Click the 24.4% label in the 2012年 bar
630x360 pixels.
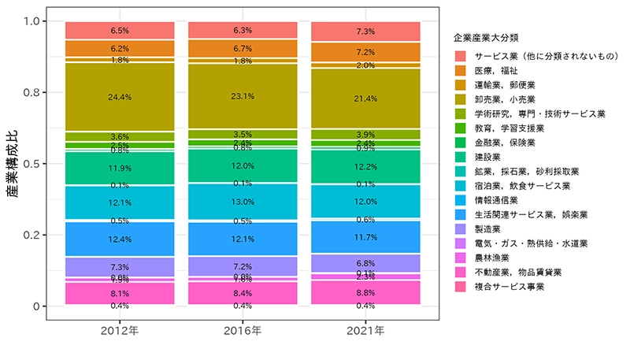point(120,97)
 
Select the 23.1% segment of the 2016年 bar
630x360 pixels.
point(243,96)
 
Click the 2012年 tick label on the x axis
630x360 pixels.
point(120,331)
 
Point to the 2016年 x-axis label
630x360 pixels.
point(243,331)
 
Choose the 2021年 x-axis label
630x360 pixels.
point(367,331)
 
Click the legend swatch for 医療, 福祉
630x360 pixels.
point(461,71)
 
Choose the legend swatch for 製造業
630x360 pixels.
point(461,228)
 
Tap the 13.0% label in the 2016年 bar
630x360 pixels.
point(243,202)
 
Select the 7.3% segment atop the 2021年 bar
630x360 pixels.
point(367,31)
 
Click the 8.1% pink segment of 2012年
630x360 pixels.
point(120,292)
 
